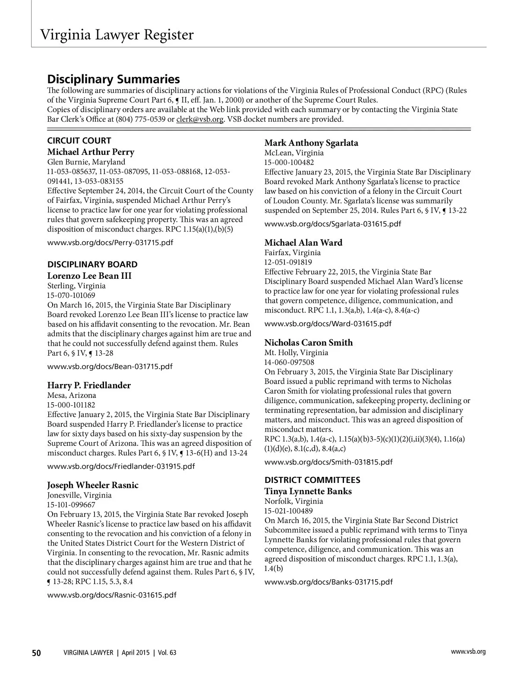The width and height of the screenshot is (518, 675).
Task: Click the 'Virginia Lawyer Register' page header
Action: coord(117,35)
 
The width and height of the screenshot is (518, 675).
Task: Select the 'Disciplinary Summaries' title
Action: coord(113,79)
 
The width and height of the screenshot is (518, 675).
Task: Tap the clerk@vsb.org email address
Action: coord(200,119)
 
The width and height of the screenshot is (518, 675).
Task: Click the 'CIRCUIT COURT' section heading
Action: coord(79,141)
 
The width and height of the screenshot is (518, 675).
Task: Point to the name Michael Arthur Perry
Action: coord(91,152)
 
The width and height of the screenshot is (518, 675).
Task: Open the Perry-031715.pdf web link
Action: coord(110,242)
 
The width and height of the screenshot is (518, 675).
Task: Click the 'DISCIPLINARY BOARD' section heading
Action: coord(92,265)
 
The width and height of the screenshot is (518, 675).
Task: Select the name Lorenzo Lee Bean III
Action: coord(89,276)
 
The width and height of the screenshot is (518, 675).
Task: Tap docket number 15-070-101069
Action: coord(71,296)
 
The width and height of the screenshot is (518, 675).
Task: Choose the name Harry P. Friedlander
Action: coord(89,385)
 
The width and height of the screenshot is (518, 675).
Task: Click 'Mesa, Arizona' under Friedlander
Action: coord(72,395)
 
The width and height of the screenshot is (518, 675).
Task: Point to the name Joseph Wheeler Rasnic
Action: coord(93,485)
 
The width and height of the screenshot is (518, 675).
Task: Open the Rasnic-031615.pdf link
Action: coord(112,595)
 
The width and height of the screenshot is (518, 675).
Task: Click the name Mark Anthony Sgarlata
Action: coord(311,143)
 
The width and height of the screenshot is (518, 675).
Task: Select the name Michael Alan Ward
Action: coord(303,243)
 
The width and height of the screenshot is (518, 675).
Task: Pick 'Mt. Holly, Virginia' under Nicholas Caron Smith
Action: coord(296,353)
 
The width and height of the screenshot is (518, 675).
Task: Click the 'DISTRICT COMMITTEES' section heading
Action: coord(313,480)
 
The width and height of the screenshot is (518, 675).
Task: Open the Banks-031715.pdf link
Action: coord(328,582)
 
